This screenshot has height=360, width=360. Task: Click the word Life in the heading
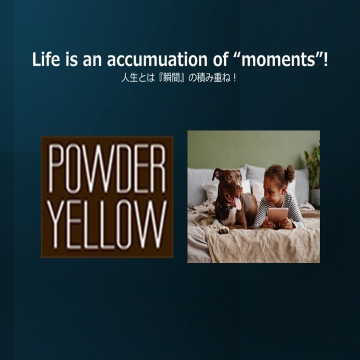click(x=46, y=59)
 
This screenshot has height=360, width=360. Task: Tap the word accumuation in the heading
click(x=157, y=59)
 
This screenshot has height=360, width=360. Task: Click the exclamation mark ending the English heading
click(x=325, y=59)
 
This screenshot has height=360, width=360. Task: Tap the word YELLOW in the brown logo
click(x=107, y=224)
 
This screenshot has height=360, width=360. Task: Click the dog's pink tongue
click(x=237, y=202)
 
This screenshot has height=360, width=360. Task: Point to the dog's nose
click(x=239, y=188)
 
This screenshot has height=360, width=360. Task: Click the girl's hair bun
click(x=290, y=173)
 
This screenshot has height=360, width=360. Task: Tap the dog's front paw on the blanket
click(x=224, y=229)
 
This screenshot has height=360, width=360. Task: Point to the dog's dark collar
click(x=224, y=206)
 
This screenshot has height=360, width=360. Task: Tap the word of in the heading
click(x=221, y=59)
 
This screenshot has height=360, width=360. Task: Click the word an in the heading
click(x=92, y=61)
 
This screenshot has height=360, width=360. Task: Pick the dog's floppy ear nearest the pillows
click(x=216, y=173)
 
